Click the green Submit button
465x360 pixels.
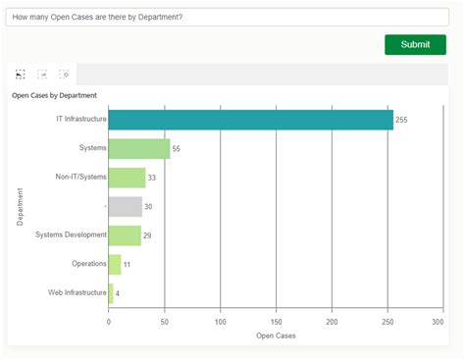click(415, 44)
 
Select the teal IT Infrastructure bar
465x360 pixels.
click(250, 120)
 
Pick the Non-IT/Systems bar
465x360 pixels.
click(127, 178)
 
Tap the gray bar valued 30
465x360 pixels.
click(125, 206)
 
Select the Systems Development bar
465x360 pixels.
click(125, 235)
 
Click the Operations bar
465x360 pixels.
click(115, 264)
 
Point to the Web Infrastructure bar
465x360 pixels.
click(111, 292)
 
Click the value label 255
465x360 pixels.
click(401, 120)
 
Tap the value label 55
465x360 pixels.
click(177, 149)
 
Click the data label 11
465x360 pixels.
click(127, 265)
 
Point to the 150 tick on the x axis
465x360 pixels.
click(277, 321)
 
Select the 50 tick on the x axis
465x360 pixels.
click(165, 321)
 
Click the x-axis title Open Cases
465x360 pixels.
click(276, 335)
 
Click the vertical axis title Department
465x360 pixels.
click(21, 206)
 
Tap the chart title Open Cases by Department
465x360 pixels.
click(54, 95)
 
